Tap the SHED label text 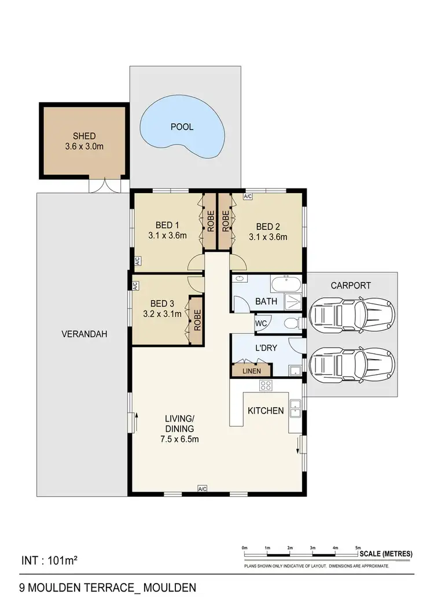84,136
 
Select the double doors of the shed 99,185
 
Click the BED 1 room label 168,226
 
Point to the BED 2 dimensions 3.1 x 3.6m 268,236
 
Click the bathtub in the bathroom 286,284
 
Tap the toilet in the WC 292,323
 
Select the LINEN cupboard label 251,371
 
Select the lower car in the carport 352,364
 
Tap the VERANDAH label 84,334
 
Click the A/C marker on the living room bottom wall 202,489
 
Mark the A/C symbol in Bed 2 248,197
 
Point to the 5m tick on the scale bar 358,546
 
